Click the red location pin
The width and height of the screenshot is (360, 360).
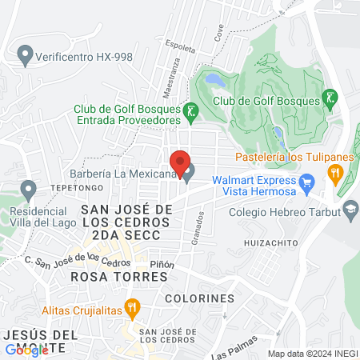[x=180, y=160]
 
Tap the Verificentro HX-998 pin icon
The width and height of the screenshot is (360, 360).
[x=25, y=57]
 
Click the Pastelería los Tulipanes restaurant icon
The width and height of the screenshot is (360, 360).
[x=336, y=170]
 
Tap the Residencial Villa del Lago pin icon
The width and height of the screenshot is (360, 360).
[x=29, y=190]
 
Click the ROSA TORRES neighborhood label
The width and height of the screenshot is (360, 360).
[x=118, y=276]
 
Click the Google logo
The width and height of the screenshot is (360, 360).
[x=26, y=350]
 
